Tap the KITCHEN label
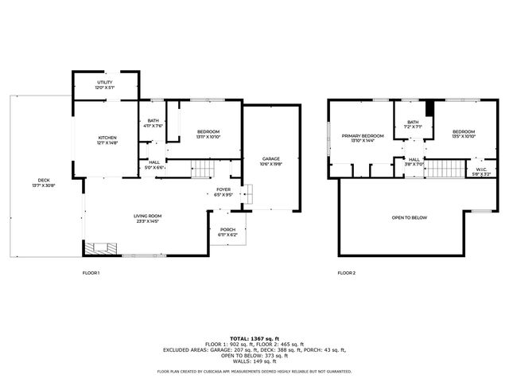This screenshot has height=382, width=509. click(107, 136)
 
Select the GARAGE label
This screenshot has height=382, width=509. click(271, 158)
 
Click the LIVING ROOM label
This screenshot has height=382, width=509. click(148, 216)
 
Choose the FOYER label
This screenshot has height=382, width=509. click(223, 189)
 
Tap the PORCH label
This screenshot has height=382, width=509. click(227, 230)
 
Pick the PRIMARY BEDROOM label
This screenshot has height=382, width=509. click(363, 135)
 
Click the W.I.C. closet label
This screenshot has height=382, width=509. click(481, 169)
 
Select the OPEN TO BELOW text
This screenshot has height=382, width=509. click(409, 216)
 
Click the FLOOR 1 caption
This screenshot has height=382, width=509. click(91, 272)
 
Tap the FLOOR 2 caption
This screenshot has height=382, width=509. click(346, 272)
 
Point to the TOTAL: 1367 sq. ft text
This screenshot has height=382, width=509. click(254, 338)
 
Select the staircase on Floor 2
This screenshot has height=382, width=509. click(445, 170)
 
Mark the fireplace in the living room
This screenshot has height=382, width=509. click(99, 249)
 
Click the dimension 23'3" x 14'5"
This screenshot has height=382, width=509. click(148, 221)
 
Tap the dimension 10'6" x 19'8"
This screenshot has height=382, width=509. click(271, 164)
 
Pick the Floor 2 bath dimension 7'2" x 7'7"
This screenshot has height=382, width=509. click(411, 127)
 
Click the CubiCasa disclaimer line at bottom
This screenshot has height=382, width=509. click(254, 371)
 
